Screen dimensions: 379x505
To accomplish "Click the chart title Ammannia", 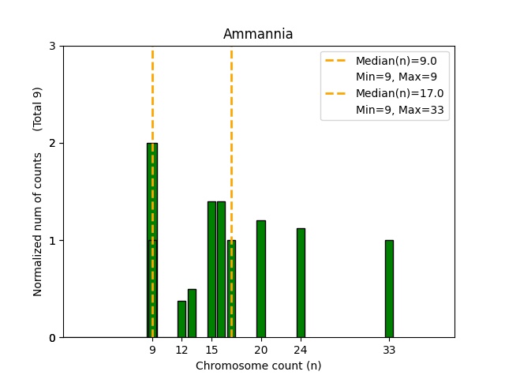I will click(x=258, y=34).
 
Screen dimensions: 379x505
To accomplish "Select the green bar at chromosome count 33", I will click(x=389, y=288).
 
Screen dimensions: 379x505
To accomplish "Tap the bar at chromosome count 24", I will click(x=301, y=283).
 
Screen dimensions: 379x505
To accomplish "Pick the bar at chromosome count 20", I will click(x=261, y=279).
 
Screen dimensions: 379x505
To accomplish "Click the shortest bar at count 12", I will click(x=181, y=319).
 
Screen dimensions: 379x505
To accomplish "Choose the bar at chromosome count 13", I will click(x=192, y=313).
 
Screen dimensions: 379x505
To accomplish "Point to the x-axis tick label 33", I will click(x=389, y=350).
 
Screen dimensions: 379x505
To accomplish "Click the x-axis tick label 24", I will click(x=301, y=350).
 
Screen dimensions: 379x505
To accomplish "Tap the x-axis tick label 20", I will click(x=261, y=350).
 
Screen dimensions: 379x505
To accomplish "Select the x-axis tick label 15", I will click(x=211, y=350).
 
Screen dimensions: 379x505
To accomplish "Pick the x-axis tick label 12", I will click(x=181, y=350).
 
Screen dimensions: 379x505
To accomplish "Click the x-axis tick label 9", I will click(x=152, y=350).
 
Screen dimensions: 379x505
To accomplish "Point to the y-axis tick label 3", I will click(x=52, y=46).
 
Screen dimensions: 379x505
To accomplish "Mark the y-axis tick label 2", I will click(x=52, y=143).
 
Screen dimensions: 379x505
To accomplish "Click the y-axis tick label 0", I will click(x=52, y=338).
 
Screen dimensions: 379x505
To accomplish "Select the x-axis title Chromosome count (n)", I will click(x=258, y=366).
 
